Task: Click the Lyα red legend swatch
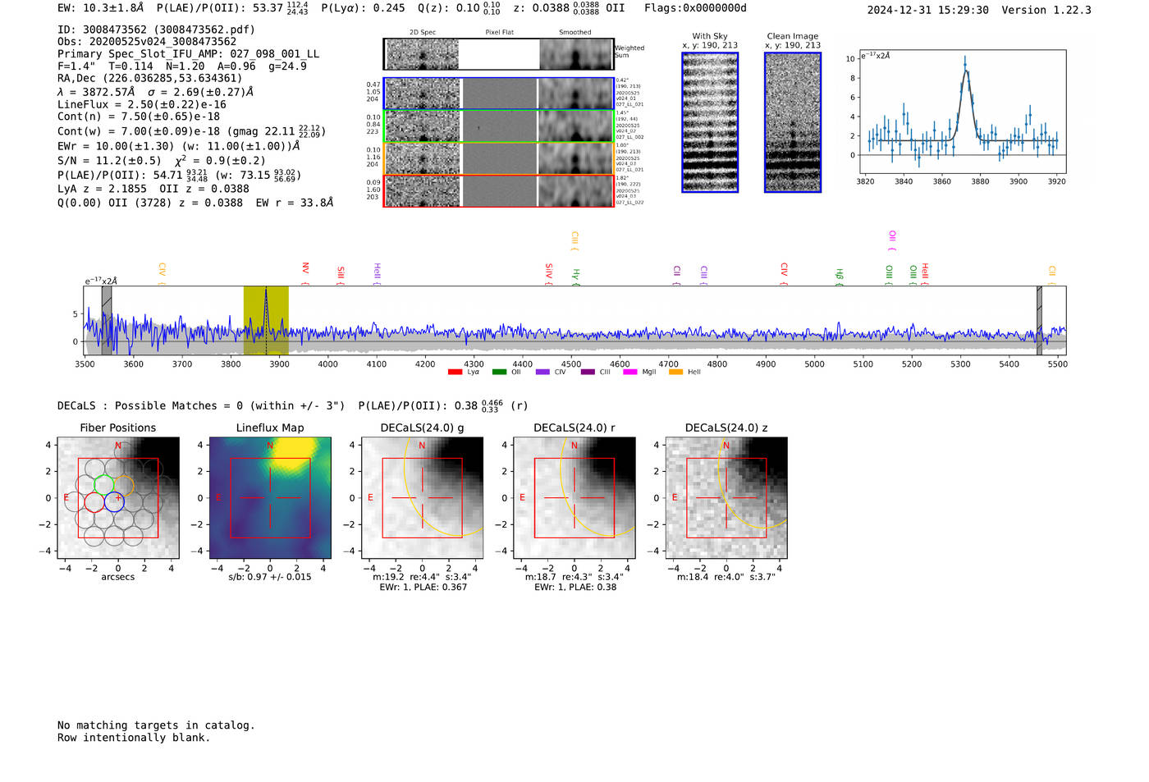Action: tap(455, 373)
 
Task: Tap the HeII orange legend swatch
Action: tap(675, 373)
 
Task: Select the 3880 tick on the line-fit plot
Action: tap(980, 181)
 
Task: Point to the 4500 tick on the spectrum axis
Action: tap(571, 364)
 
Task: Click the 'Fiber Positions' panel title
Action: tap(118, 428)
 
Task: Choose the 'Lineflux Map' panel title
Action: tap(270, 428)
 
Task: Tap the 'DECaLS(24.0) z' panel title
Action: tap(726, 428)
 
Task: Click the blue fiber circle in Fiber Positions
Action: tap(114, 502)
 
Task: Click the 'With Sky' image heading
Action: tap(710, 36)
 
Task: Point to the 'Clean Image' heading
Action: tap(793, 36)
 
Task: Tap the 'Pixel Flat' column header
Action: tap(499, 33)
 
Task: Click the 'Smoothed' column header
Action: tap(574, 33)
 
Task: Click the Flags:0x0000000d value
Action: tap(695, 8)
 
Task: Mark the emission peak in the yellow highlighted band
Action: tap(266, 290)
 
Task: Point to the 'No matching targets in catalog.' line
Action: tap(156, 725)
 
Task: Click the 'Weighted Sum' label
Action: tap(629, 52)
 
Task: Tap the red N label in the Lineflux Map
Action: tap(270, 446)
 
